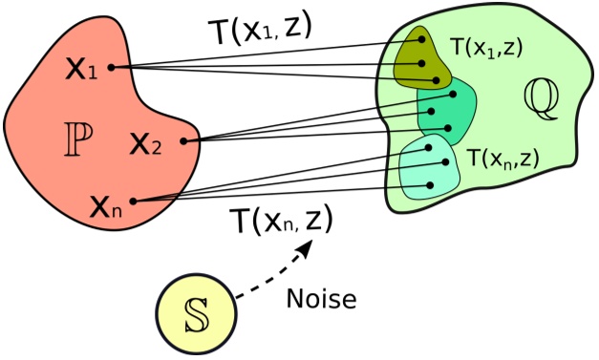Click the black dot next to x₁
tap(113, 67)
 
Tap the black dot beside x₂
tap(182, 142)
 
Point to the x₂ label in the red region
tap(146, 144)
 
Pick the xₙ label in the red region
tap(105, 205)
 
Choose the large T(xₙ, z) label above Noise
tap(282, 222)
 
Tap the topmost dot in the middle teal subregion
tap(454, 94)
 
